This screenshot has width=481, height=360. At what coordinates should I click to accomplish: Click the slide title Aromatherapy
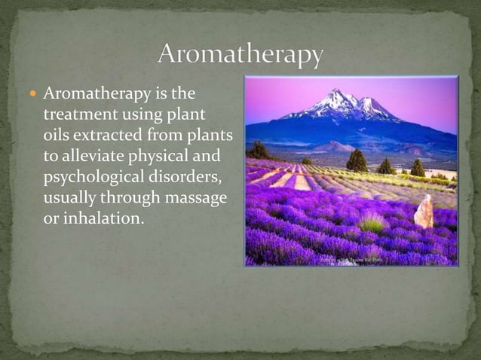(x=240, y=55)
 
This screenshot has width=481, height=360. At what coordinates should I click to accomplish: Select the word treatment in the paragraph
(x=80, y=115)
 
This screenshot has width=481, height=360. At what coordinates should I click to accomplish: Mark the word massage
(x=195, y=197)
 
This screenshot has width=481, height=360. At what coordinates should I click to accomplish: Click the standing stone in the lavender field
(x=424, y=212)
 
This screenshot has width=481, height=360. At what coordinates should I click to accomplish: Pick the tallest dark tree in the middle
(x=357, y=160)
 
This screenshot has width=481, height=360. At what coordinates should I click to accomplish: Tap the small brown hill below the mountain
(x=332, y=147)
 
